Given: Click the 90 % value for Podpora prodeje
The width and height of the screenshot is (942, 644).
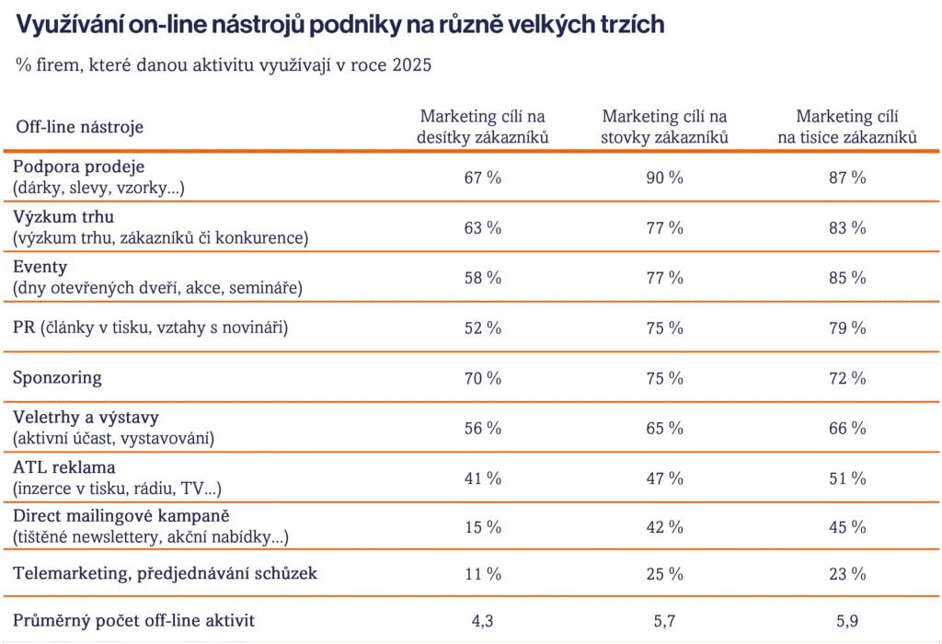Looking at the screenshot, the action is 664,178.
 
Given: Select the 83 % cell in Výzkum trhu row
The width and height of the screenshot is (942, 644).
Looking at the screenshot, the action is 847,227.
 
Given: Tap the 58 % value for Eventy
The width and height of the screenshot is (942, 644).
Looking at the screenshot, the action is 482,278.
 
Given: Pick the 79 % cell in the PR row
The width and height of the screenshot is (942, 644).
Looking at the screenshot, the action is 847,328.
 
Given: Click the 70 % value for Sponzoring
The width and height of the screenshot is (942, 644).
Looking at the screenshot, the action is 482,378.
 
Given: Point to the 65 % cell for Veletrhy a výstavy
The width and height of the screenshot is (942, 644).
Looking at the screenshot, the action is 664,429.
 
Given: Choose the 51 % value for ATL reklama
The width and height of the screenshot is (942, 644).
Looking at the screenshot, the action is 847,478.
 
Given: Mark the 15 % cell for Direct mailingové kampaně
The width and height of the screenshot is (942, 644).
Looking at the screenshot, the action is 482,527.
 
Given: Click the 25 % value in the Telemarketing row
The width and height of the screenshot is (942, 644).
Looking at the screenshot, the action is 664,574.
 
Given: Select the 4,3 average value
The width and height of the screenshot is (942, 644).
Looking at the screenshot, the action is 482,621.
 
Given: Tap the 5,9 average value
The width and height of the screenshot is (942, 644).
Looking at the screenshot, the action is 847,621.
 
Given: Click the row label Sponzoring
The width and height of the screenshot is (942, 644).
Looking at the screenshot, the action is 57,378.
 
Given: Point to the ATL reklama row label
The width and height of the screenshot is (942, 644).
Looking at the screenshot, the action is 64,467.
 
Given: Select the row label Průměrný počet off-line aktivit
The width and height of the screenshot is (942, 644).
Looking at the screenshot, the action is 134,621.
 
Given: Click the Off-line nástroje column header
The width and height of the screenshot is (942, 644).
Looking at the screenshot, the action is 80,127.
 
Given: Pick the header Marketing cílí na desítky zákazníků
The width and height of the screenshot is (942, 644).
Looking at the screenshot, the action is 482,127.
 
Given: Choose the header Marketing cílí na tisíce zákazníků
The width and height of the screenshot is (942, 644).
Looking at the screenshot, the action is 847,127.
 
